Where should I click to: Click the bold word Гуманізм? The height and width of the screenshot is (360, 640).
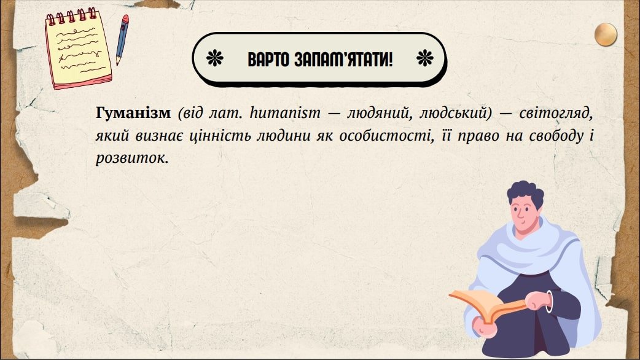point(133,112)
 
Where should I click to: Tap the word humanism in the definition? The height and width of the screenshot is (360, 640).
point(285,112)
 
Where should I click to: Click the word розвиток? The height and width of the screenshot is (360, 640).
point(132,158)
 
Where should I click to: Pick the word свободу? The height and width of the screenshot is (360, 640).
point(556,136)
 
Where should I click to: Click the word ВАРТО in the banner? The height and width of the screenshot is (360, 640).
point(268,60)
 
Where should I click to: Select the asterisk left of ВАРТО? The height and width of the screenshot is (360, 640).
point(215,58)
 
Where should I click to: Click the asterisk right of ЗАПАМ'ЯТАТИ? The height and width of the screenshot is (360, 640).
point(424,58)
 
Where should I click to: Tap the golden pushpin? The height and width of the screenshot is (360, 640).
point(606,34)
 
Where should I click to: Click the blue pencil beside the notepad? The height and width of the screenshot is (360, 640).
point(122,39)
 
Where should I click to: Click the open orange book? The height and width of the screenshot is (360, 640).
point(486,305)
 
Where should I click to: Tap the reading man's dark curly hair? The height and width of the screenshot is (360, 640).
point(526,194)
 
